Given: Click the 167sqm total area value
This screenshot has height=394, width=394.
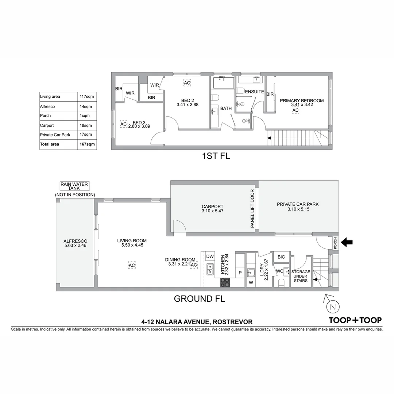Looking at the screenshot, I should [87, 144].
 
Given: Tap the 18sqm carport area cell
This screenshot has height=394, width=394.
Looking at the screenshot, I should [86, 125].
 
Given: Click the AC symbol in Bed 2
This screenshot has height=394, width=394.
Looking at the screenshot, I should [187, 83].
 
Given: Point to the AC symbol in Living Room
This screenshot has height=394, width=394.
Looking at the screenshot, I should [132, 266].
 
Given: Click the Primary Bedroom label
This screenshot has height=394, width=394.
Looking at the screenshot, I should [301, 101].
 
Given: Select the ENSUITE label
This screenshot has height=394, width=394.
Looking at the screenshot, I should [254, 92].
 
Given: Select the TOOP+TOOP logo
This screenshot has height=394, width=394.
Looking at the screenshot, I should [355, 320].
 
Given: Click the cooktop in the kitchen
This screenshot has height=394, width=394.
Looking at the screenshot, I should [225, 282].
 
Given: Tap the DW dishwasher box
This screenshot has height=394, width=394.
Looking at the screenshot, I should [210, 256].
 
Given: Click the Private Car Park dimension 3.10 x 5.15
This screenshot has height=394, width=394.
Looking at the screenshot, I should [297, 209].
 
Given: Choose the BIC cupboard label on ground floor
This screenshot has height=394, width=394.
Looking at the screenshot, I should [281, 257].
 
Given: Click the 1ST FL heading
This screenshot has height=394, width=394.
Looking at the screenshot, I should [216, 157].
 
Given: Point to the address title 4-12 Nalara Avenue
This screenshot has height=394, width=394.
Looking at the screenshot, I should [197, 322].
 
